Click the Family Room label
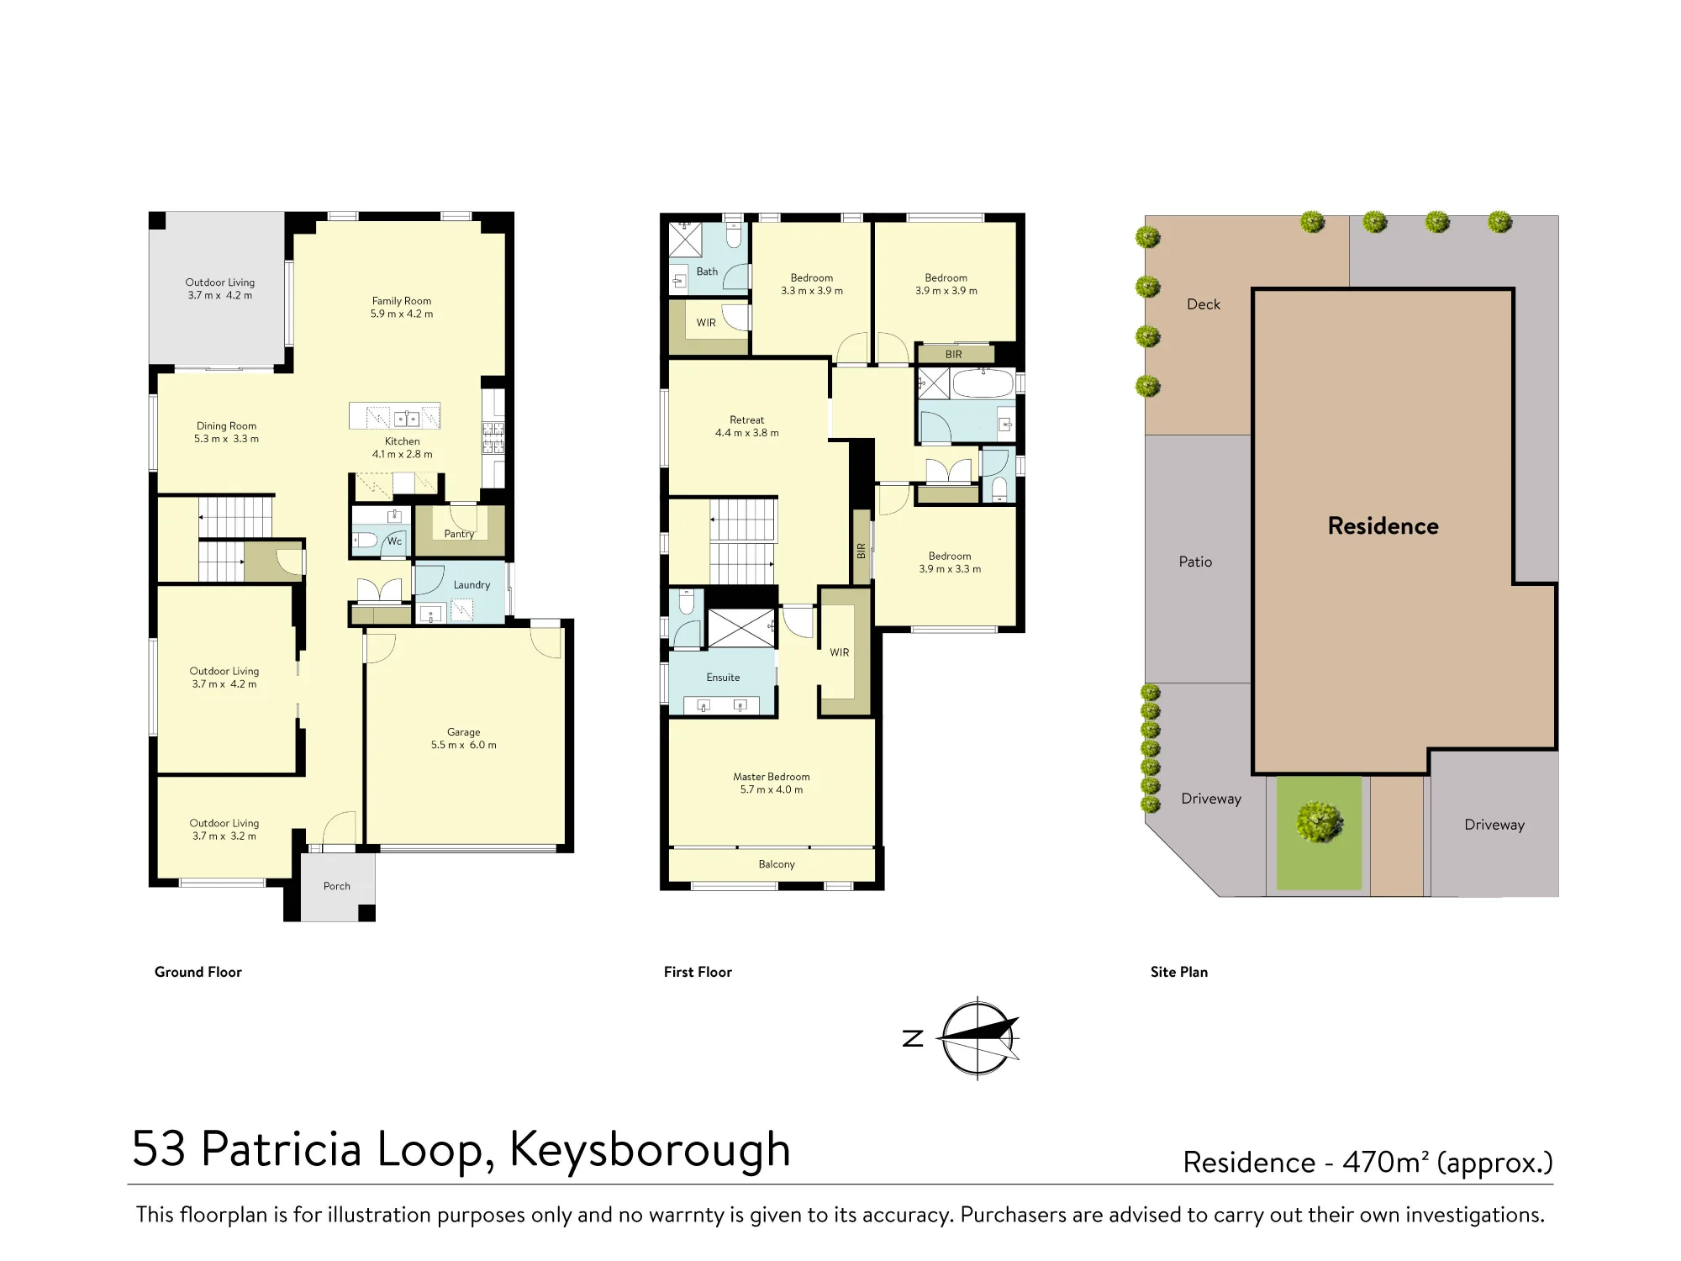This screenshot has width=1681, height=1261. pos(402,301)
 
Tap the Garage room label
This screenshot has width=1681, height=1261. pos(463,732)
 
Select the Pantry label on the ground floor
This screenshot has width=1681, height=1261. pos(459,534)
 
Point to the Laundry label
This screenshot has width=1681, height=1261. pos(472,585)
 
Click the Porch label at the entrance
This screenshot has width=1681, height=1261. pos(337,886)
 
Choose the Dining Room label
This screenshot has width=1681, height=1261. pos(226,426)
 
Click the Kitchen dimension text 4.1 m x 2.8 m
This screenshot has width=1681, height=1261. pos(403,455)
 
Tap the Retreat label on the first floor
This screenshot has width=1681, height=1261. pos(747,420)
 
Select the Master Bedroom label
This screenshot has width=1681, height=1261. pos(772,777)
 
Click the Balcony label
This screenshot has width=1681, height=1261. pos(777,864)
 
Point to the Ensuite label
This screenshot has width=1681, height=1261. pos(723,678)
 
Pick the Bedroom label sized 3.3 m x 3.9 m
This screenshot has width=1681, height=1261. pos(812,278)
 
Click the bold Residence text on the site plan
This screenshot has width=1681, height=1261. pos(1383,526)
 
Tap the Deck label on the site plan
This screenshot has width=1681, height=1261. pos(1204,304)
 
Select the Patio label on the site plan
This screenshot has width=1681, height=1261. pos(1195,562)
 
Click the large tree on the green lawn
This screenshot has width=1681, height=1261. pos(1319,820)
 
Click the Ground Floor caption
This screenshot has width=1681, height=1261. pos(198,972)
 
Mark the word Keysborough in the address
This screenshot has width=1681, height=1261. pos(651,1150)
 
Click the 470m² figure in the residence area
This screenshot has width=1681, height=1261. pos(1386,1162)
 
